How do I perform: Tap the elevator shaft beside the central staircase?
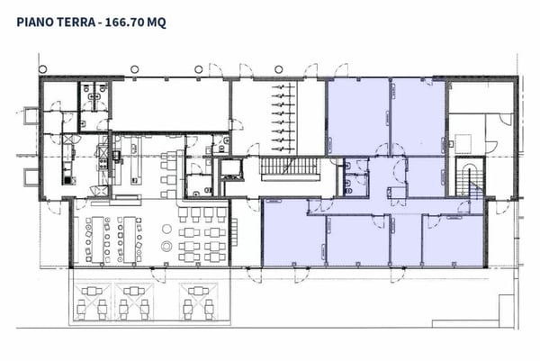tap(231, 168)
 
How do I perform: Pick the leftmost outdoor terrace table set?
tap(89, 302)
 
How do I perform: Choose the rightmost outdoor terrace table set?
tap(197, 302)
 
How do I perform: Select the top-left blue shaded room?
tap(357, 115)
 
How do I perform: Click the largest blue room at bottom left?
tap(293, 236)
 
